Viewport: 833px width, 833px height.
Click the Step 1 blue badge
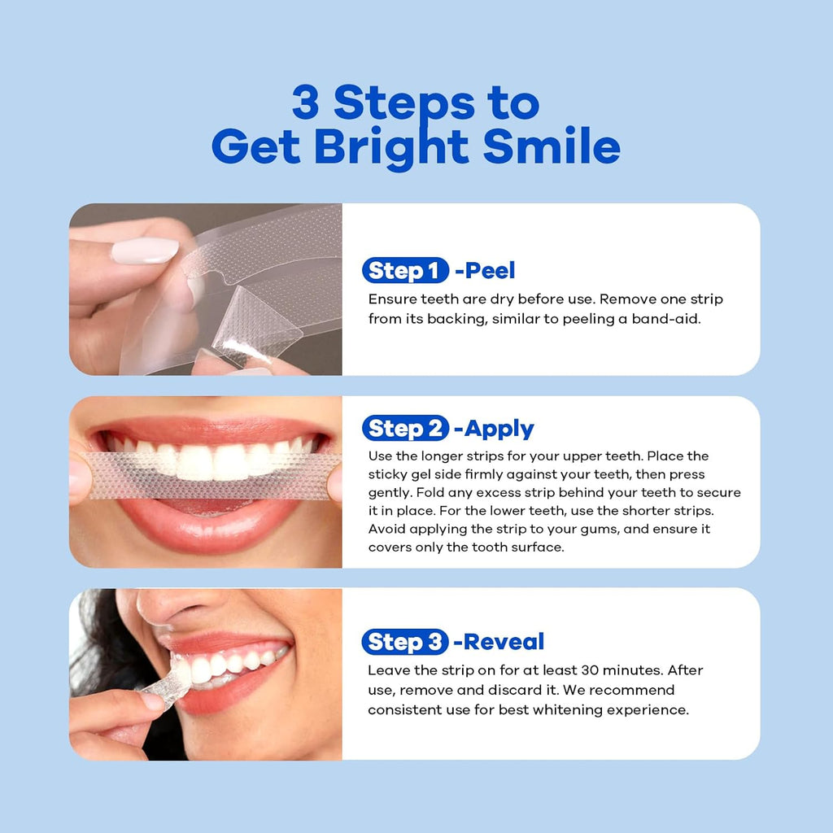pyautogui.click(x=405, y=270)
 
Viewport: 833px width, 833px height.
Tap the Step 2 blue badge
pyautogui.click(x=405, y=429)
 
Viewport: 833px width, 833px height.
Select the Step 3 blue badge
pyautogui.click(x=405, y=642)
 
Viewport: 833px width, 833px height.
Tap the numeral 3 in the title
pyautogui.click(x=307, y=103)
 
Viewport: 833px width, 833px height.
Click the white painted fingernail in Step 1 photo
pyautogui.click(x=145, y=250)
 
